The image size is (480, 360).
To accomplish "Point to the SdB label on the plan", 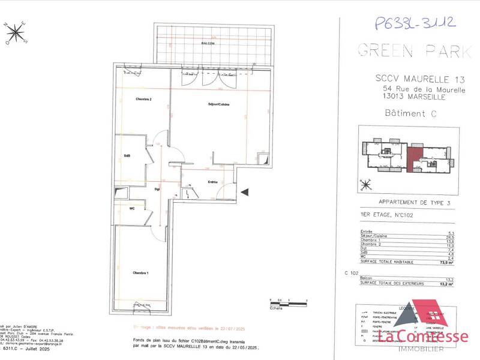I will point(128,156).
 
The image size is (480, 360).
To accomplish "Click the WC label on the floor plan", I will point(131,208).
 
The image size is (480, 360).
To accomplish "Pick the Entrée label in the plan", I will point(212,182).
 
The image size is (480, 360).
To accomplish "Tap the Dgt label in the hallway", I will point(157,190).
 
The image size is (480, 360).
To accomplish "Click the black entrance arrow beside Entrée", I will point(244,192).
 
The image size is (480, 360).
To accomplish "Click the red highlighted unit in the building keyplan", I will point(414,159).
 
